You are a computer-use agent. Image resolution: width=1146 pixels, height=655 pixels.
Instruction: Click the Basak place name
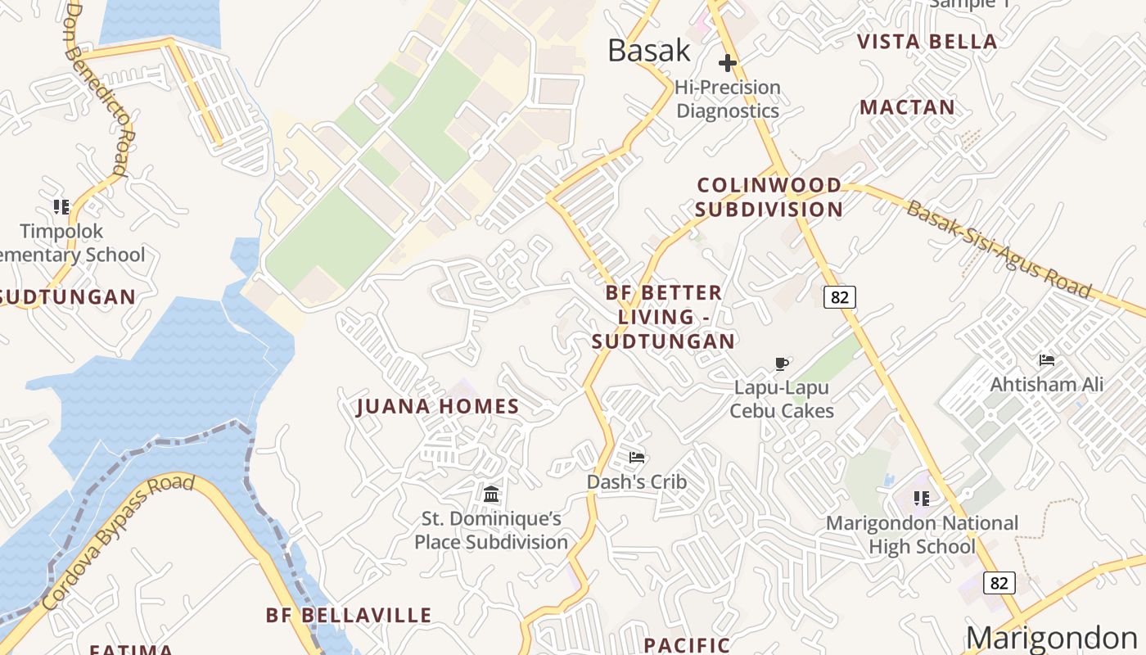point(649,51)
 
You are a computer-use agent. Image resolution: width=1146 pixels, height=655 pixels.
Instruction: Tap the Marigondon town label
point(1051,638)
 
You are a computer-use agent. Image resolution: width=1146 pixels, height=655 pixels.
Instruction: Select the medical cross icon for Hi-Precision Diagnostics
point(728,63)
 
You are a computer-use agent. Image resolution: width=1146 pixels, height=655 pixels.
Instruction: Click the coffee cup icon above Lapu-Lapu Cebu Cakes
point(782,364)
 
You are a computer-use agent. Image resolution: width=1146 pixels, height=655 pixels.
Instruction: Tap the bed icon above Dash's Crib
point(637,457)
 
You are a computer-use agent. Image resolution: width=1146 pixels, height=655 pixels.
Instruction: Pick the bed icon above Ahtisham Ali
point(1046,359)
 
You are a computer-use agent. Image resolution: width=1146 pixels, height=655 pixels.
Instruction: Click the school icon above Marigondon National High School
point(922,498)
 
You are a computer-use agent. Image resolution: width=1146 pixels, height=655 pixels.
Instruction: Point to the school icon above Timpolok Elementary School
point(61,206)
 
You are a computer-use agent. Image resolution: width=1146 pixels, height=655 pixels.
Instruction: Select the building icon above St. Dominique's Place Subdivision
point(491,494)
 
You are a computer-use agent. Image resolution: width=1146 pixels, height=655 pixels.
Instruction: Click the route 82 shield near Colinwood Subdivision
point(840,296)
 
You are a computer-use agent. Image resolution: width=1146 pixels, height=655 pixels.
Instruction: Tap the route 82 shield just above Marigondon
point(999,583)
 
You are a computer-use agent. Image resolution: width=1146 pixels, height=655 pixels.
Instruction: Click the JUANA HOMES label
point(438,407)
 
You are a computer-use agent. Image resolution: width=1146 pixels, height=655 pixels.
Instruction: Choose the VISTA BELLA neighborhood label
point(927,42)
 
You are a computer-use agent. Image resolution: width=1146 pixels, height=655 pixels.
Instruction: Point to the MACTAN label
point(907,107)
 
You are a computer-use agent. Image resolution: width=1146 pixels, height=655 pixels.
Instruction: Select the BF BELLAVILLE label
point(349,616)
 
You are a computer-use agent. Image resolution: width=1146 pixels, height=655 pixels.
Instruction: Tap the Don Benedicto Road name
point(97,90)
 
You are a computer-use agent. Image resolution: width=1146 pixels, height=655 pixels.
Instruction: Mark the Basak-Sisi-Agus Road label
point(999,249)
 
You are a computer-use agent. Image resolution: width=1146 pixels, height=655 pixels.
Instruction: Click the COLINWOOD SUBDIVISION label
point(769,197)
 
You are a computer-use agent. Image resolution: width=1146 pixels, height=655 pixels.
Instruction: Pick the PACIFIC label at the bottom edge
point(686,645)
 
